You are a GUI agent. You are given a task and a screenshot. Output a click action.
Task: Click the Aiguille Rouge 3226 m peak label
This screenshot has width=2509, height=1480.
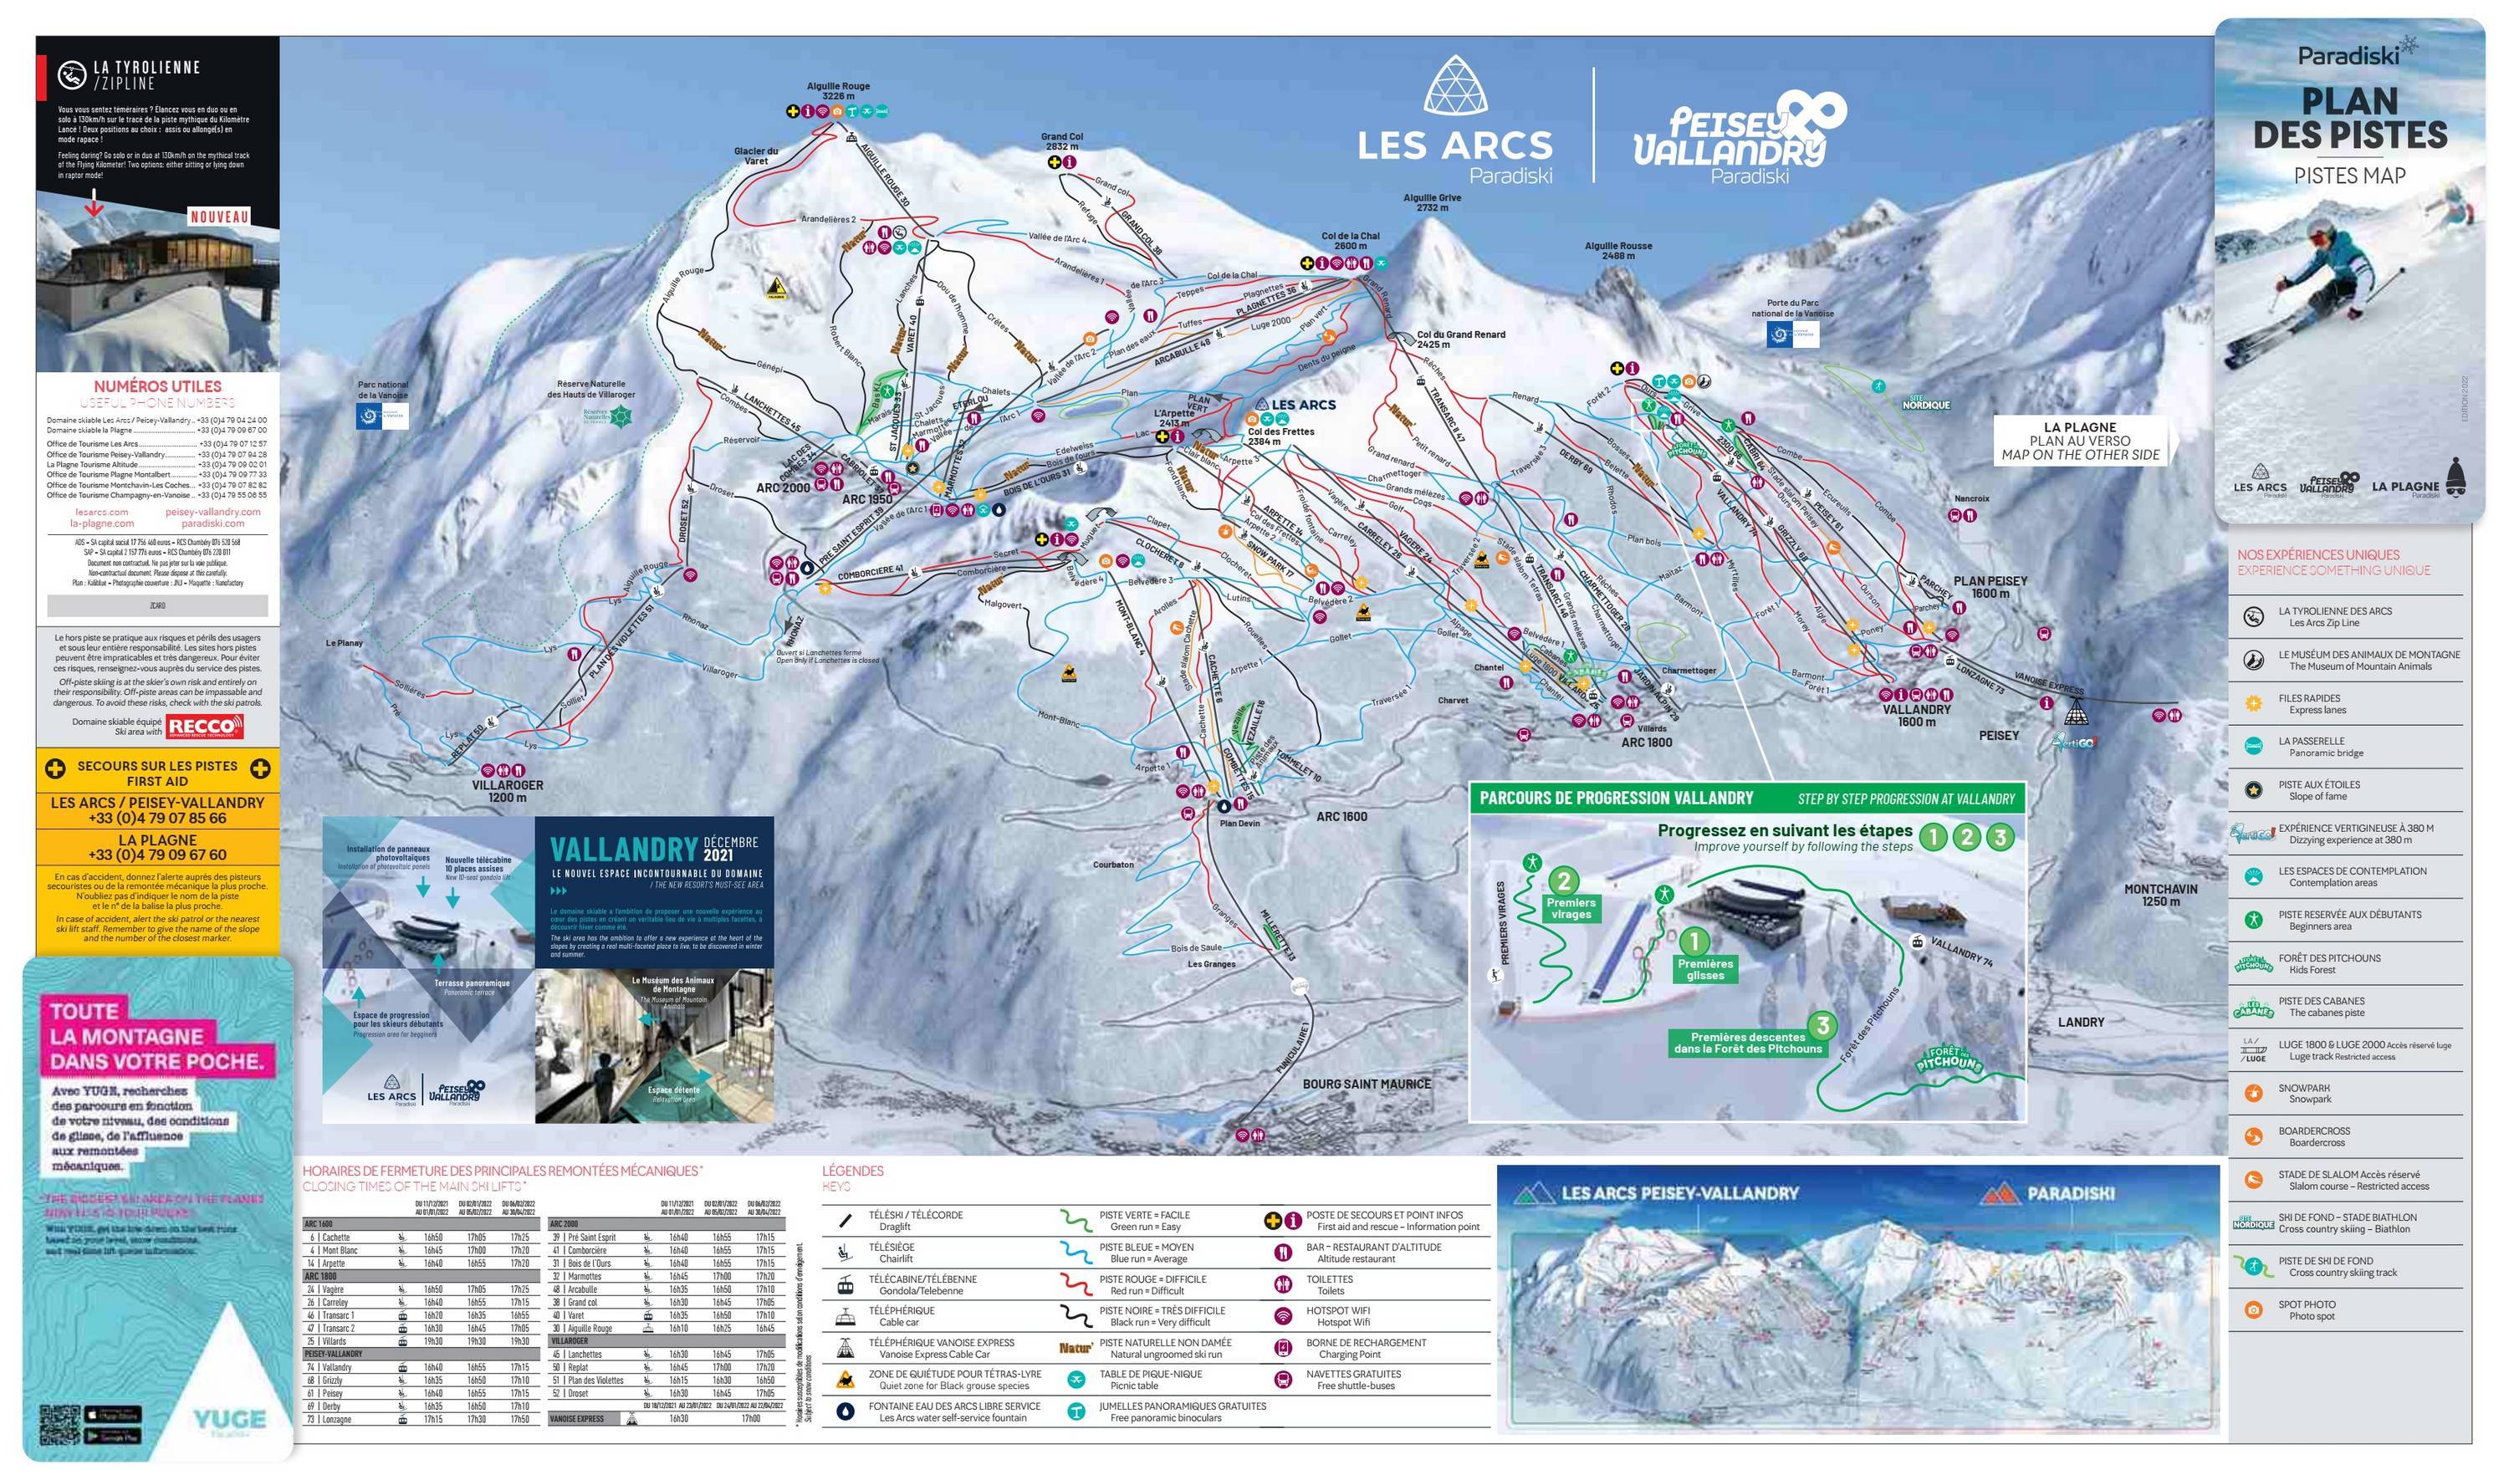tap(838, 91)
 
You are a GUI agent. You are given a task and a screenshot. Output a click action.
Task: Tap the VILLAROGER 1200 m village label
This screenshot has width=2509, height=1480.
tap(508, 791)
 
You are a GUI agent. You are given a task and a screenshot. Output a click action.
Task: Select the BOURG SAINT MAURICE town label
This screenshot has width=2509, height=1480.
tap(1367, 1084)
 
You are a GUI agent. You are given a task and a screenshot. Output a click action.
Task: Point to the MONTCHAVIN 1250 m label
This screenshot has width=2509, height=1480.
tap(2160, 895)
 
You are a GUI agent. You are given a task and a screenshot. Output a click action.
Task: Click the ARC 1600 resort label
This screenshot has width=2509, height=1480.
tap(1341, 817)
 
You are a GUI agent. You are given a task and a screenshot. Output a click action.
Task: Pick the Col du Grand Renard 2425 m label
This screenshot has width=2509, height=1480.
tap(1461, 339)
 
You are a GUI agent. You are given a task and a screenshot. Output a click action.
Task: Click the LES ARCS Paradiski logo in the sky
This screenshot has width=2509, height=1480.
tap(1455, 125)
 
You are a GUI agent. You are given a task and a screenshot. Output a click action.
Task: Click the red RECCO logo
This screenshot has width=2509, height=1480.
tap(203, 727)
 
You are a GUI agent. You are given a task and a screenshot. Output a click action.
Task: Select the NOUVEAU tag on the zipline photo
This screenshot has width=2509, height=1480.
tap(219, 217)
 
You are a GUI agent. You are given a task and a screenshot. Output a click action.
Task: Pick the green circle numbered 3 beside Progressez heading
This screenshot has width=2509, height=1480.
tap(2000, 837)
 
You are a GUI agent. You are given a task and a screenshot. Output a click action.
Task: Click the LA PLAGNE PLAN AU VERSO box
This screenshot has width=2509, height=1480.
tap(2079, 441)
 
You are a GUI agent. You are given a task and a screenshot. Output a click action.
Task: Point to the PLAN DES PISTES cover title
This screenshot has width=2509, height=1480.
tap(2349, 118)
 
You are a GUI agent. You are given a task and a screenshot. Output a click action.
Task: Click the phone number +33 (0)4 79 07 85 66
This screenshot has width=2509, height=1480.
tap(157, 818)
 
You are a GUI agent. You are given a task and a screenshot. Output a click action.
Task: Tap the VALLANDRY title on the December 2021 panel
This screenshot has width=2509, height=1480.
tap(623, 850)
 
